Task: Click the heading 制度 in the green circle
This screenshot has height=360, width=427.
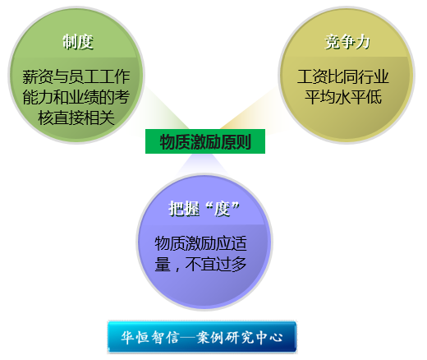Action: [x=78, y=42]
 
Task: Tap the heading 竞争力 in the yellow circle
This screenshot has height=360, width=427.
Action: [x=347, y=42]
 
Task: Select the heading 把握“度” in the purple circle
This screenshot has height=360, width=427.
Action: [x=204, y=209]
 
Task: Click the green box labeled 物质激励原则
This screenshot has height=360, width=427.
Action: [x=205, y=141]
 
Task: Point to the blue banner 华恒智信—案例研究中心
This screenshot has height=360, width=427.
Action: [x=202, y=337]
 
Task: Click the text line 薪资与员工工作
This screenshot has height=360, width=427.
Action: [x=76, y=76]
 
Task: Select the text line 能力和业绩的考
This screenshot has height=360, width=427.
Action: [x=76, y=97]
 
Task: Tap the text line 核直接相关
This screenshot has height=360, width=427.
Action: [x=76, y=118]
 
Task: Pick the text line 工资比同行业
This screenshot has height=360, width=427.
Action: [x=343, y=76]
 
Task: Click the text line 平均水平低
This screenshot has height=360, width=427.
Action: [x=343, y=97]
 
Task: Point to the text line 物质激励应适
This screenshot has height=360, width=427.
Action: [x=201, y=243]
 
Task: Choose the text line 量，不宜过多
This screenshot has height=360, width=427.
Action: [x=201, y=264]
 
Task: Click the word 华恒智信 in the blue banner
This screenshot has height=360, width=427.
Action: [x=150, y=337]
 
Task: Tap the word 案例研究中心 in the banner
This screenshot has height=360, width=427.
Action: [x=240, y=337]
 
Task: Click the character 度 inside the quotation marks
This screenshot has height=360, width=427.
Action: [x=222, y=210]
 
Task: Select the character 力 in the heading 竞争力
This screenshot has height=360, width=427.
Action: [x=363, y=42]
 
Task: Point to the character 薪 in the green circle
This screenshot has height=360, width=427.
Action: [x=30, y=76]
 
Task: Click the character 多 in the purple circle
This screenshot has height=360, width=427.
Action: [x=239, y=264]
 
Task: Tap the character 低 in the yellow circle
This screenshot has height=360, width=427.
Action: [x=374, y=97]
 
